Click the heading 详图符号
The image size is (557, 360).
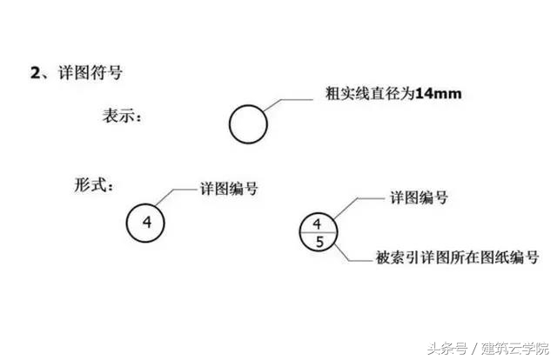click(91, 73)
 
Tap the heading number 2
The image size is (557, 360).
click(36, 73)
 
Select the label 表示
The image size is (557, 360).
click(118, 116)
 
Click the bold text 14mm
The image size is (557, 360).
click(439, 94)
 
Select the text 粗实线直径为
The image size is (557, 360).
click(370, 94)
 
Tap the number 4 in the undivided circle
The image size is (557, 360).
click(147, 223)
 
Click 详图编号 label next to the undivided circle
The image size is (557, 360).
click(229, 189)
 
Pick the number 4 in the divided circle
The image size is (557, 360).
click(317, 223)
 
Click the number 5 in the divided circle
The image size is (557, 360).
click(319, 242)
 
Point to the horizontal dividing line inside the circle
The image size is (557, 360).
click(318, 232)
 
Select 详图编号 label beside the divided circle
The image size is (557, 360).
click(419, 197)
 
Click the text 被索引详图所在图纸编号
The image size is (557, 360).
click(458, 257)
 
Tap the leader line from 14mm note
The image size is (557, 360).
click(280, 100)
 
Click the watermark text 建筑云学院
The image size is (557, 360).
click(515, 349)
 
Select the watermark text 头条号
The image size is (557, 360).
click(447, 349)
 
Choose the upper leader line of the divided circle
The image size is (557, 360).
click(356, 199)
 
